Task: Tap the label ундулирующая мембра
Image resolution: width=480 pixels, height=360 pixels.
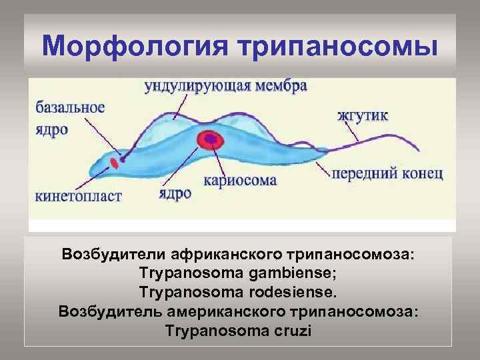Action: (x=226, y=87)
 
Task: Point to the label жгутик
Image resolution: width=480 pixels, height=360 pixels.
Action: (x=363, y=115)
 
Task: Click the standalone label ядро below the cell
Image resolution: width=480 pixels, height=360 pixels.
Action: (x=175, y=193)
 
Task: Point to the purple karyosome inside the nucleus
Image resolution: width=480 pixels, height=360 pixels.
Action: (x=213, y=139)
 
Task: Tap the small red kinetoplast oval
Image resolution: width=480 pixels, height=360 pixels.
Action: (x=115, y=162)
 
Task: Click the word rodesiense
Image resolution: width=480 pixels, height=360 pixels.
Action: (x=290, y=292)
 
